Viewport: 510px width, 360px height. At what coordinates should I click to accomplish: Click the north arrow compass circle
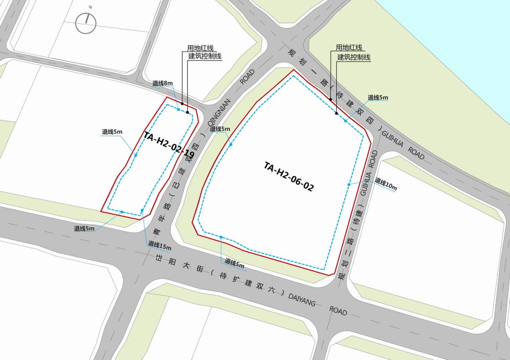click(86, 23)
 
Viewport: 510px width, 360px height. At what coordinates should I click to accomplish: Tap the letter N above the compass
click(90, 7)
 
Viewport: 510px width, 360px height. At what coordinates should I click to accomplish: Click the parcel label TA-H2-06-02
click(288, 177)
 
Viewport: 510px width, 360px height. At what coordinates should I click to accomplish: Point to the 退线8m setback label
click(163, 83)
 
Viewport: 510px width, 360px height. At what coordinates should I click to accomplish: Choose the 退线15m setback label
click(160, 245)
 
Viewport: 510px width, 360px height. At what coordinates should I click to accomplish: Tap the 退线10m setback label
click(386, 184)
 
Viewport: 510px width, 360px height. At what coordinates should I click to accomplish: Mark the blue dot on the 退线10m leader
click(349, 184)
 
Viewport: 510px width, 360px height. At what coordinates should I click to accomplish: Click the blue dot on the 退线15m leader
click(142, 210)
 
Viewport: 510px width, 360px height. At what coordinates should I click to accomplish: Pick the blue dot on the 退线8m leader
click(178, 110)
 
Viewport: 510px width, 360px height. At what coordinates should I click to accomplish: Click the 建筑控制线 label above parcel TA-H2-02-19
click(205, 56)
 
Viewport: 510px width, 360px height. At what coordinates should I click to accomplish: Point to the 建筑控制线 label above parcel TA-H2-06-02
click(354, 57)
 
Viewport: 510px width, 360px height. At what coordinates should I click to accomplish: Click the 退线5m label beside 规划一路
click(378, 98)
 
